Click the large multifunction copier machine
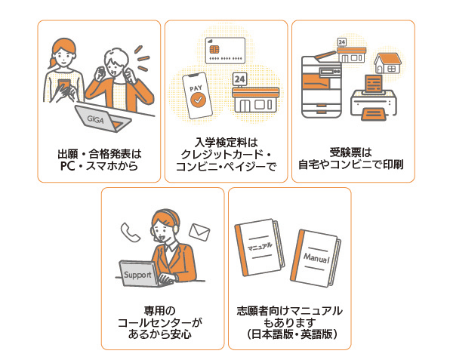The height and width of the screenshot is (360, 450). tap(321, 85)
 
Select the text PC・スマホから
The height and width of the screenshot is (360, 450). tap(99, 165)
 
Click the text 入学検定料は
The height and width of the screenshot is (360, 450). tap(227, 141)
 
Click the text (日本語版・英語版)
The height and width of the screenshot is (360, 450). tap(290, 334)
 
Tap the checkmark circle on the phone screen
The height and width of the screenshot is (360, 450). tap(197, 98)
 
